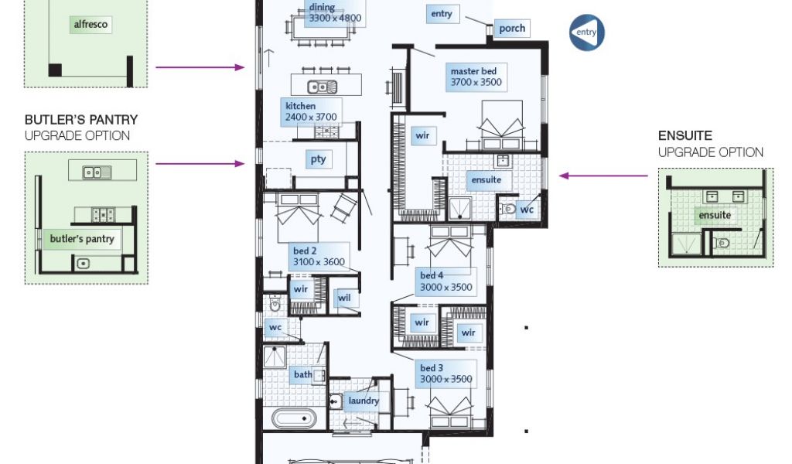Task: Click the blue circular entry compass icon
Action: pos(586,32)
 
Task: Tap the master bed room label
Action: pos(476,77)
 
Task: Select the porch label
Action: pos(512,29)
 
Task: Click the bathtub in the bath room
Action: pos(294,418)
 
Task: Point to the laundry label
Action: pos(364,401)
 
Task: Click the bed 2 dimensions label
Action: pos(318,257)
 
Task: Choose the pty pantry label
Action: pos(318,159)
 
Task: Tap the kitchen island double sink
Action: pos(322,87)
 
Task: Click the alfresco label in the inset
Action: pos(90,24)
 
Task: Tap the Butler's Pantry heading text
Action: pos(80,120)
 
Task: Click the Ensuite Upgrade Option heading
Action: pos(710,144)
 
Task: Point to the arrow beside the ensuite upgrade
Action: pos(603,176)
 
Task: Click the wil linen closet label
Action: pos(344,298)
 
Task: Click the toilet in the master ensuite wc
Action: pos(507,208)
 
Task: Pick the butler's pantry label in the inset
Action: pos(82,239)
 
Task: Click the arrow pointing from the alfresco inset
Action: pos(200,67)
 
